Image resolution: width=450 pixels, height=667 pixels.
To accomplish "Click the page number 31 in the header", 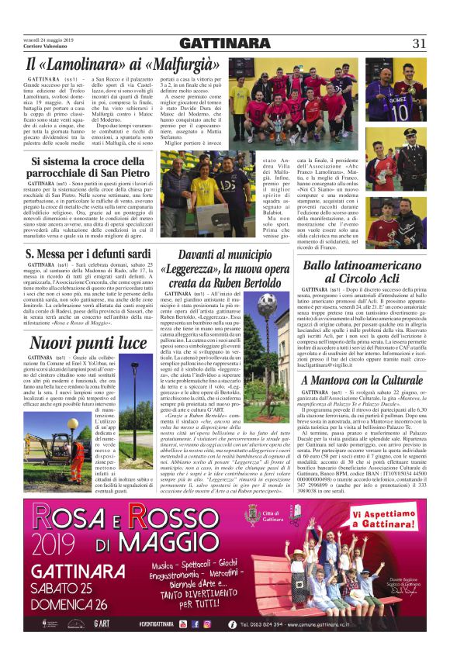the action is [x=418, y=43].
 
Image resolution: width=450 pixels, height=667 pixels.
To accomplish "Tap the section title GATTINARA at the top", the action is [x=224, y=43].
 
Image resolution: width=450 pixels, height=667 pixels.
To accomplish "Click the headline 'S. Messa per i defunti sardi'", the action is [x=88, y=254].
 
